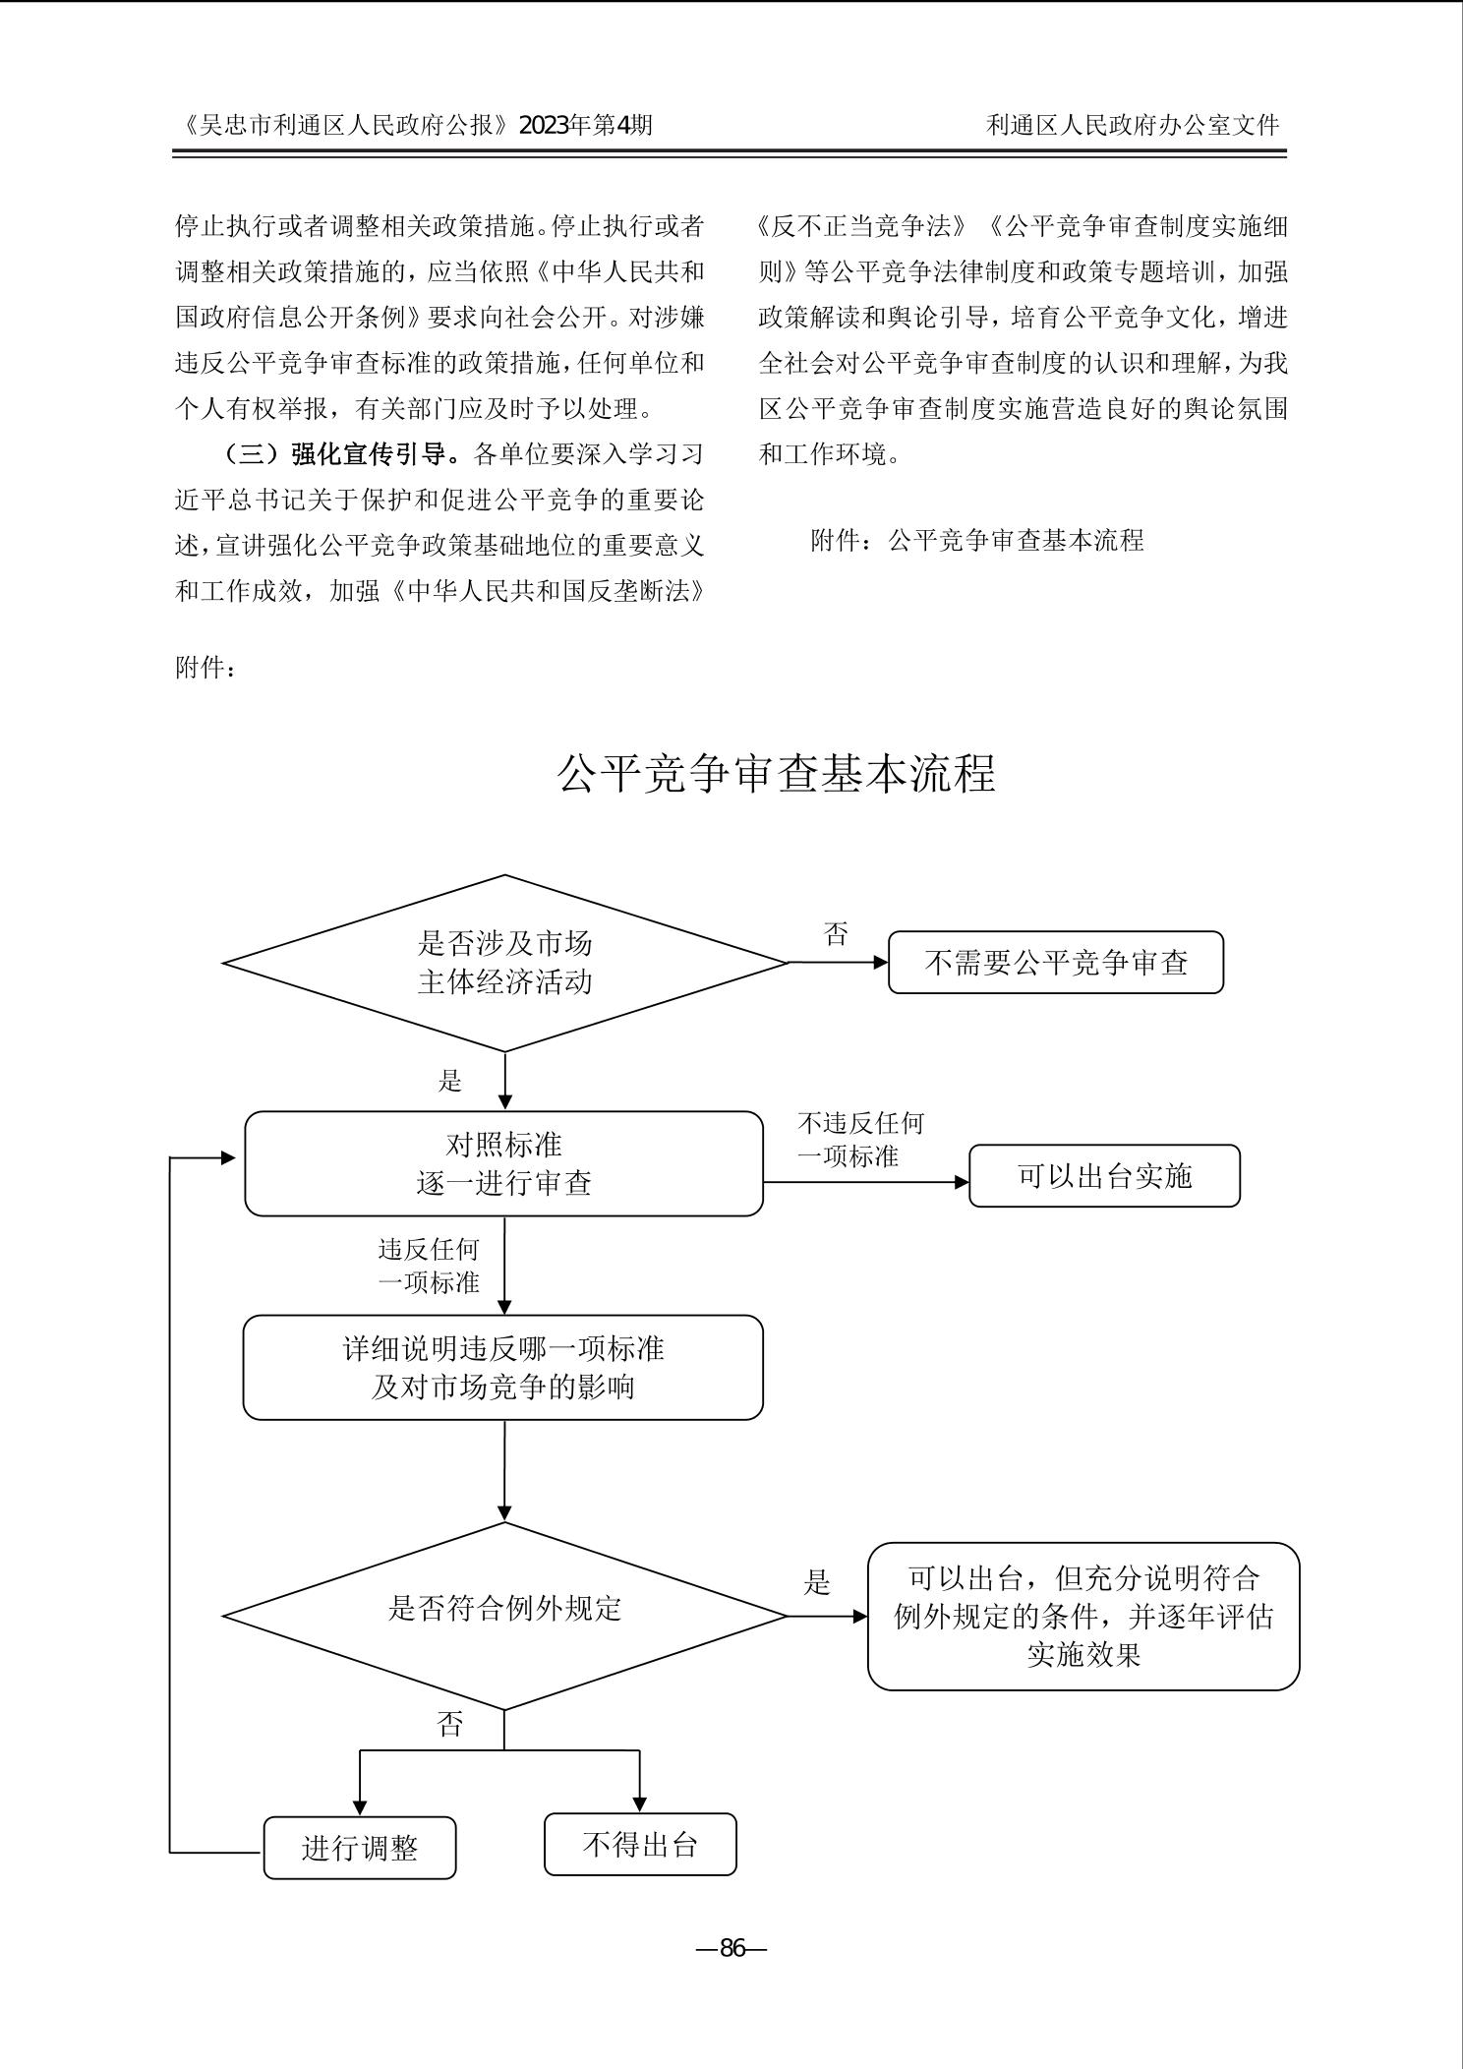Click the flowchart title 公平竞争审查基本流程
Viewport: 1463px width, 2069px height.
click(x=776, y=774)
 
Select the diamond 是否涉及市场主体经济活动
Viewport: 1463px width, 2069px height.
click(x=504, y=963)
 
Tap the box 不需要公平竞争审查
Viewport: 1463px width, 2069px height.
click(x=1056, y=963)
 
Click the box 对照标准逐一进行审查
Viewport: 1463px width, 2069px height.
click(x=503, y=1163)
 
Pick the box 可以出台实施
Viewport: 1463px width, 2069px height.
click(x=1104, y=1176)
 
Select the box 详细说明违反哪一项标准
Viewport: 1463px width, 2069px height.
click(x=503, y=1367)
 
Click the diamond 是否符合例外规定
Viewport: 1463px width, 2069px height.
click(x=504, y=1609)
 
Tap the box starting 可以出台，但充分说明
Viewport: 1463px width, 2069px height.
click(x=1083, y=1617)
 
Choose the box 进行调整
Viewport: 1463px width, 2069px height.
click(x=360, y=1848)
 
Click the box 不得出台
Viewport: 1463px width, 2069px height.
click(x=640, y=1844)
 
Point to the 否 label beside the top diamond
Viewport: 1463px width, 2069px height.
click(x=836, y=934)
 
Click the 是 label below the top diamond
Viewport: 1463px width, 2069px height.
click(x=449, y=1082)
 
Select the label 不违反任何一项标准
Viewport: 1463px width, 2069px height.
click(x=859, y=1139)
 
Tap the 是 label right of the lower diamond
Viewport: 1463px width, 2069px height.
click(x=817, y=1582)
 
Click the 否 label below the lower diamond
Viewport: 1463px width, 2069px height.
click(x=449, y=1723)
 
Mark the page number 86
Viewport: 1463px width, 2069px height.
click(x=732, y=1948)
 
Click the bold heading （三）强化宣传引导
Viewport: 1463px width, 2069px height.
click(x=341, y=454)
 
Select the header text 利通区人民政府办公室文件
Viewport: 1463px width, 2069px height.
click(x=1133, y=125)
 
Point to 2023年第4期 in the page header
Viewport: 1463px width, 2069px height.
click(x=585, y=125)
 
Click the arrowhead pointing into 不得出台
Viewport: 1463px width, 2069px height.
click(x=640, y=1805)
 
